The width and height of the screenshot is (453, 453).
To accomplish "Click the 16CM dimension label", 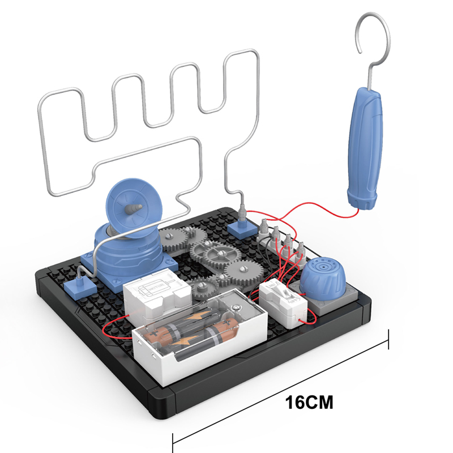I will (309, 403).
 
